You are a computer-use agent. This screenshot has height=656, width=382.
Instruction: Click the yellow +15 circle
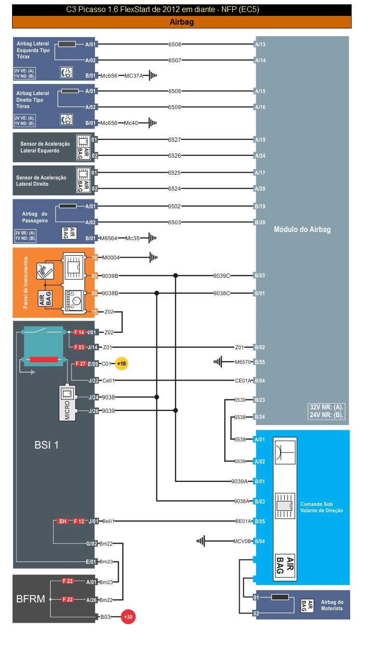122,364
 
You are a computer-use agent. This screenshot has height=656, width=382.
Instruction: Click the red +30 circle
128,617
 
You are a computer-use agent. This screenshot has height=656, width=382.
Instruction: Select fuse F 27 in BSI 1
80,364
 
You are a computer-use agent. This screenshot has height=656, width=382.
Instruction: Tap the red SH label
63,521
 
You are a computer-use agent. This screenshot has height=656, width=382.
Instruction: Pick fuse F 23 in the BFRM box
68,581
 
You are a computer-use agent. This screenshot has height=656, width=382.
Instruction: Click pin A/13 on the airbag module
260,44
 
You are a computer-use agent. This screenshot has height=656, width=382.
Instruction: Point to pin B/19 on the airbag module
260,206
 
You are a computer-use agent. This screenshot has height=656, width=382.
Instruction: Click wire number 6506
175,44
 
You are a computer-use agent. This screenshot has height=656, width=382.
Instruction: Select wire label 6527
175,140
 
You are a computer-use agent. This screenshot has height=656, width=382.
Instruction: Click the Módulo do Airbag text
302,230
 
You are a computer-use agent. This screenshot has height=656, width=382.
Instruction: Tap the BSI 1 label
46,445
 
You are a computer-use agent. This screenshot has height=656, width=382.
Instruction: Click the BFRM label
30,599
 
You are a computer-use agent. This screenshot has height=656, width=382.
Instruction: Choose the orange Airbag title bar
181,22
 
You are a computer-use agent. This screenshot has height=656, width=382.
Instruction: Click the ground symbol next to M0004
153,258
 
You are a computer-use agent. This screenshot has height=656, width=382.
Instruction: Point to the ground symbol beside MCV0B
201,541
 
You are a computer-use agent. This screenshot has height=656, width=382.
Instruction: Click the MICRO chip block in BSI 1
68,403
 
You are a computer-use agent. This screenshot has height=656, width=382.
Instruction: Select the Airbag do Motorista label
332,605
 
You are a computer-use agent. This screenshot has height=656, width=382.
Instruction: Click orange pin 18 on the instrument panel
95,258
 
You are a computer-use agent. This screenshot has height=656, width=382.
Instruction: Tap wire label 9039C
222,276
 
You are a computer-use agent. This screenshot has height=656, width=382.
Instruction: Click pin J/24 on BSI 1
93,397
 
